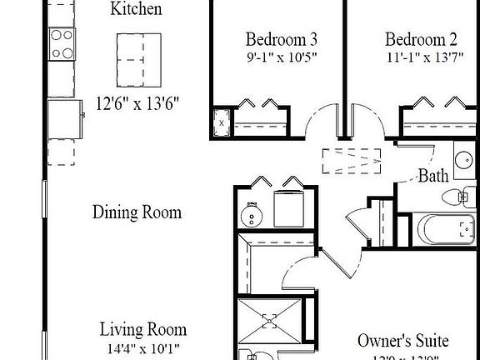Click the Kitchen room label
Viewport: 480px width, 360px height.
coord(136,11)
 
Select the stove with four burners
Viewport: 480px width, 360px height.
coord(62,42)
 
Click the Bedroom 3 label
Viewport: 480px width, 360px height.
coord(280,39)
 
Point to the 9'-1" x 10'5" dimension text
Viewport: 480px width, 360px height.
coord(280,57)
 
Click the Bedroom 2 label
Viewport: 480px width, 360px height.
coord(421,39)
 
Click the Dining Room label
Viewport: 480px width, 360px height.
coord(137,212)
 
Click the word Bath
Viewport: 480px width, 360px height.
coord(433,176)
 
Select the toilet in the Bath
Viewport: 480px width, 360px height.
coord(456,198)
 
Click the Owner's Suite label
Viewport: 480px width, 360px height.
coord(402,341)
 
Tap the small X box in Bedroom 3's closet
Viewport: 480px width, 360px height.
coord(222,122)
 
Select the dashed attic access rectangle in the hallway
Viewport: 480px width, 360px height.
coord(352,160)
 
